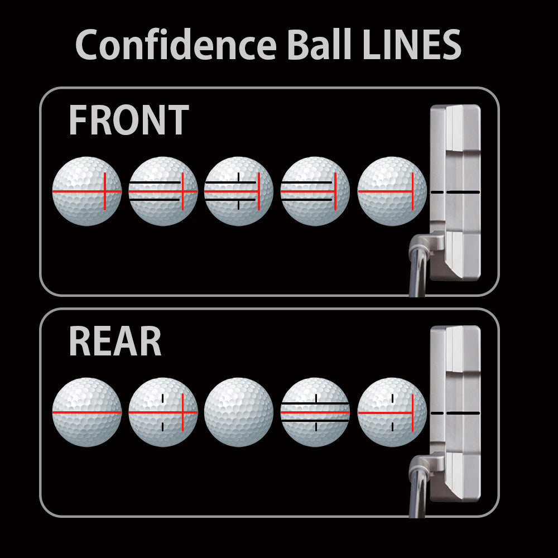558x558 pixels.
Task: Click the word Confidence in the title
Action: pos(176,45)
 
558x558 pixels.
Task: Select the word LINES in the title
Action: pos(412,45)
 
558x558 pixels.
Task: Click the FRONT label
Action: pos(128,119)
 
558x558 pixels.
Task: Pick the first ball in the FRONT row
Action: pos(87,191)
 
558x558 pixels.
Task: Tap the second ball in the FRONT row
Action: pos(163,191)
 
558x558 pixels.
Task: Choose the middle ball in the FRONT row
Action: pos(239,191)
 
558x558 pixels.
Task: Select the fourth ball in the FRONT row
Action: pos(315,191)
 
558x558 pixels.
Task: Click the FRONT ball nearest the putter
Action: pos(392,191)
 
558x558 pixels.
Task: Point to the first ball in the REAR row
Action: pos(87,412)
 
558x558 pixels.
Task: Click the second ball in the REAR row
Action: pos(163,412)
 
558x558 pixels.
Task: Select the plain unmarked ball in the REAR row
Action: pos(239,412)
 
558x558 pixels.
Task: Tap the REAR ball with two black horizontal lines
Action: pos(315,412)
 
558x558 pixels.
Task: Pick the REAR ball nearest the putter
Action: pos(392,412)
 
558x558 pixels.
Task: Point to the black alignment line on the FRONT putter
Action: pos(455,192)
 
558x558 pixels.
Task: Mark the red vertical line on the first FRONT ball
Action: pos(105,191)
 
